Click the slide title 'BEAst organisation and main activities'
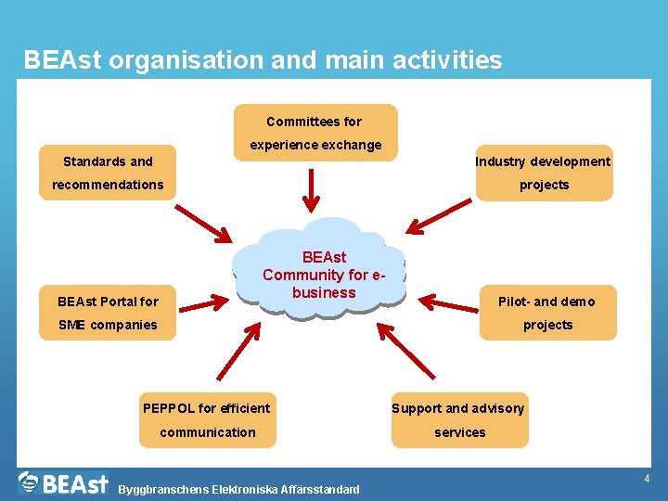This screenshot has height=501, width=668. tap(263, 61)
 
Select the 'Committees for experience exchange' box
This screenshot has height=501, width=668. tap(315, 133)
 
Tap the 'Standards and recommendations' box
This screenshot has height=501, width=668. tap(108, 173)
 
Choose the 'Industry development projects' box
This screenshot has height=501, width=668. tap(544, 173)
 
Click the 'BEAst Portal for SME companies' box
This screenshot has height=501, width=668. tap(108, 313)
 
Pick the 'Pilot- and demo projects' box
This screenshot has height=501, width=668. tap(547, 313)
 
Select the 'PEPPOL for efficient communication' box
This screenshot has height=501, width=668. tap(208, 420)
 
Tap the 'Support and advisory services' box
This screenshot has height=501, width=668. tap(458, 420)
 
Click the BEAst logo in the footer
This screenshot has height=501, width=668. tap(63, 482)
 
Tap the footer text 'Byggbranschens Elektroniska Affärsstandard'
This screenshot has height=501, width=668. tap(238, 489)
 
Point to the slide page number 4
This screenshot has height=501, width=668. tap(647, 479)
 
